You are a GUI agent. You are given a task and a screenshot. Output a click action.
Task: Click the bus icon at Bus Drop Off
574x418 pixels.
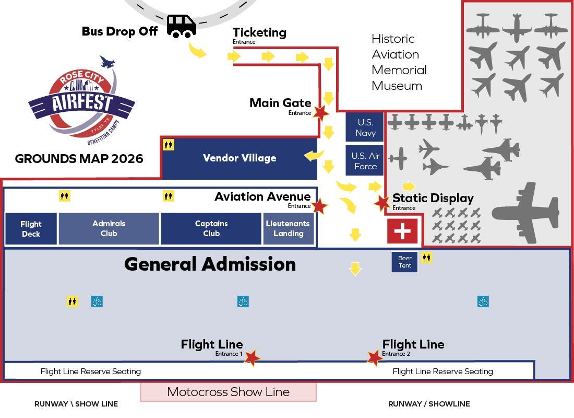click(x=181, y=26)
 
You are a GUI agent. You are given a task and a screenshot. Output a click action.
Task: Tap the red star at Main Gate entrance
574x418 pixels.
click(x=321, y=112)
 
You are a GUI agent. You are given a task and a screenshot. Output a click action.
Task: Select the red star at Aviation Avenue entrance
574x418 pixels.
click(x=319, y=206)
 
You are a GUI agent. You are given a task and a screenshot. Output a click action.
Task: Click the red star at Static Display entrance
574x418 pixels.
click(x=382, y=202)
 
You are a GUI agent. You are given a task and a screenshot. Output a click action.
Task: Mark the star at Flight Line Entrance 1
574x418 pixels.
click(x=252, y=357)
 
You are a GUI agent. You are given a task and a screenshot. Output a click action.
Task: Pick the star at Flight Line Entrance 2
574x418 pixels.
click(x=375, y=357)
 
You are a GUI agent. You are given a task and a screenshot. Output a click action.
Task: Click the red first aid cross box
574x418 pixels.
click(x=402, y=231)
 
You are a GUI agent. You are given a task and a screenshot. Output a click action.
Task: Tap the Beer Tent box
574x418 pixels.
click(x=404, y=262)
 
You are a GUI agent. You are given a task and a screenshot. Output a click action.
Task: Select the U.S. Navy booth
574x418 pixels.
click(x=365, y=127)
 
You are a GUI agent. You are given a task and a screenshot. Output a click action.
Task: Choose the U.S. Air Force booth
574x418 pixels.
click(x=365, y=160)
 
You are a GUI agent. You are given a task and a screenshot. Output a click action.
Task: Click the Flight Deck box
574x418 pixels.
click(x=31, y=229)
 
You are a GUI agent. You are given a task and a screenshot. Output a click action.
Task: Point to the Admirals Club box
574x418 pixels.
click(x=109, y=229)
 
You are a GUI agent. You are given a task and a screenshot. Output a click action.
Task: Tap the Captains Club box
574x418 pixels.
click(x=211, y=229)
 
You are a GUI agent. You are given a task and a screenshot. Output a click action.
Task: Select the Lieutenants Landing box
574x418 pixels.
click(x=289, y=229)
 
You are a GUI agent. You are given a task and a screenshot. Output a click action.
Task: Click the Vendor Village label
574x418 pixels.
click(x=240, y=158)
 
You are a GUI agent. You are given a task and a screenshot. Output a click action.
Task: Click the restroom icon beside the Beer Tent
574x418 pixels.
click(x=426, y=258)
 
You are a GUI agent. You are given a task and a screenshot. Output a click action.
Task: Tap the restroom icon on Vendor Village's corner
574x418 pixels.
click(x=169, y=145)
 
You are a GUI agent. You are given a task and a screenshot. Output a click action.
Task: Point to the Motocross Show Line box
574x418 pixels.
click(x=229, y=392)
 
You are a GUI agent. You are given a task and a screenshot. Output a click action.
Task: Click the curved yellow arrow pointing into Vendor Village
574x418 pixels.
click(x=314, y=156)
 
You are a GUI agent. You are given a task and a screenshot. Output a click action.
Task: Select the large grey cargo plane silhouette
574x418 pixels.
click(x=527, y=213)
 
